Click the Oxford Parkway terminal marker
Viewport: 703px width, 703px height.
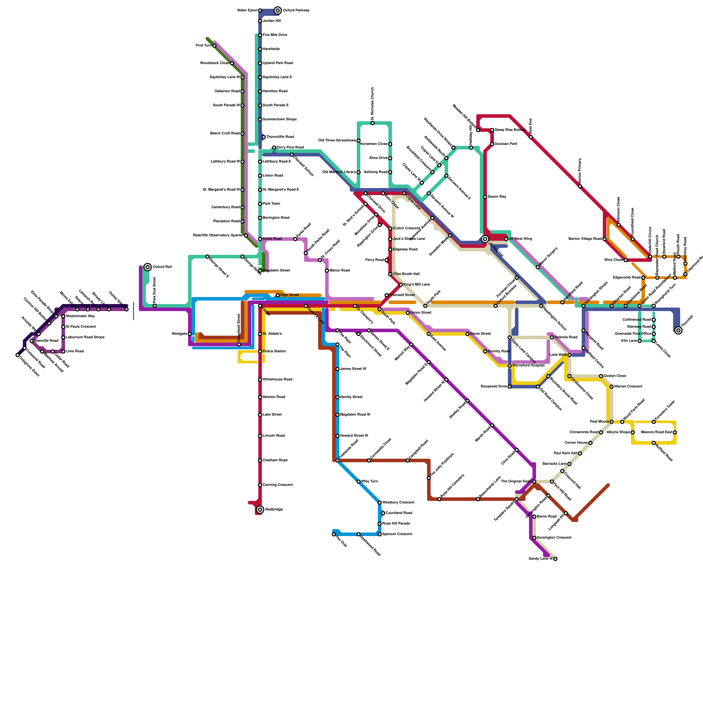(x=278, y=11)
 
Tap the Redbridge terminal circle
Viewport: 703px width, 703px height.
(x=260, y=510)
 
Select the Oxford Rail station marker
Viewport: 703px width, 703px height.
(x=148, y=267)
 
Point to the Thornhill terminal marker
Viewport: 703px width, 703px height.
(x=678, y=330)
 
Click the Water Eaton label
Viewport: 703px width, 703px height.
(x=247, y=11)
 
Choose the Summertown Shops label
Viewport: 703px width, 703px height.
(x=279, y=120)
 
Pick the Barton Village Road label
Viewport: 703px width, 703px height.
(x=585, y=239)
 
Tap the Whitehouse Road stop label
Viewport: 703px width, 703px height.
(x=277, y=380)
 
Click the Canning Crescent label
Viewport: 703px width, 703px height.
(x=278, y=485)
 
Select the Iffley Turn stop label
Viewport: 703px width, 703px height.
(x=369, y=482)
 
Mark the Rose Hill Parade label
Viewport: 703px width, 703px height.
(x=396, y=524)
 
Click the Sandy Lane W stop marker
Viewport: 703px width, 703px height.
(x=555, y=559)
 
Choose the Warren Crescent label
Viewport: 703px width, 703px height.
(x=628, y=387)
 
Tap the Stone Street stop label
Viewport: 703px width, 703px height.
(x=480, y=334)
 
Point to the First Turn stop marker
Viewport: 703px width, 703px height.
(x=214, y=46)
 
